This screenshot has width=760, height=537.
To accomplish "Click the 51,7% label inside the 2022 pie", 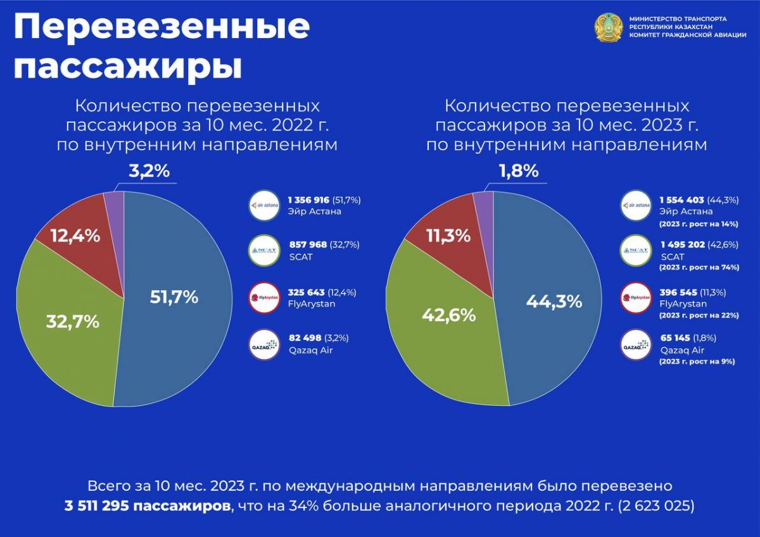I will [x=174, y=297].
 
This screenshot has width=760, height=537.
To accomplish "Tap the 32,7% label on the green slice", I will [x=72, y=321].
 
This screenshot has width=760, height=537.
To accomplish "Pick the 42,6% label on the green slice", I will [x=448, y=315].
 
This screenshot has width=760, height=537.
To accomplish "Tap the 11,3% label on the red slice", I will [x=448, y=236].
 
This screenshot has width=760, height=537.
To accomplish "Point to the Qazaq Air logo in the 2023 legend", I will [x=636, y=346].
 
